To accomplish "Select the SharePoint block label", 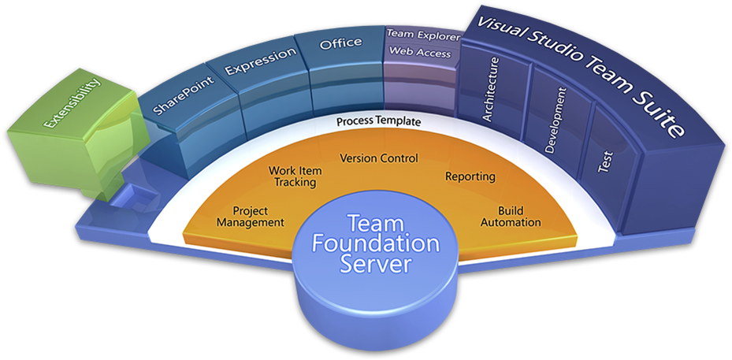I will (x=174, y=95).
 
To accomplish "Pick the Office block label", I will (x=340, y=43).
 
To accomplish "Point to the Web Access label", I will (x=420, y=54).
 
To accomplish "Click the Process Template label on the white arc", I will (x=378, y=122).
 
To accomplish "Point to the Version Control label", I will (x=378, y=158).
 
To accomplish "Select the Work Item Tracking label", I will (x=292, y=176).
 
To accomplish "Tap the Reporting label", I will (x=470, y=176).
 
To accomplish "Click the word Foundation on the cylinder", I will (x=375, y=243).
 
